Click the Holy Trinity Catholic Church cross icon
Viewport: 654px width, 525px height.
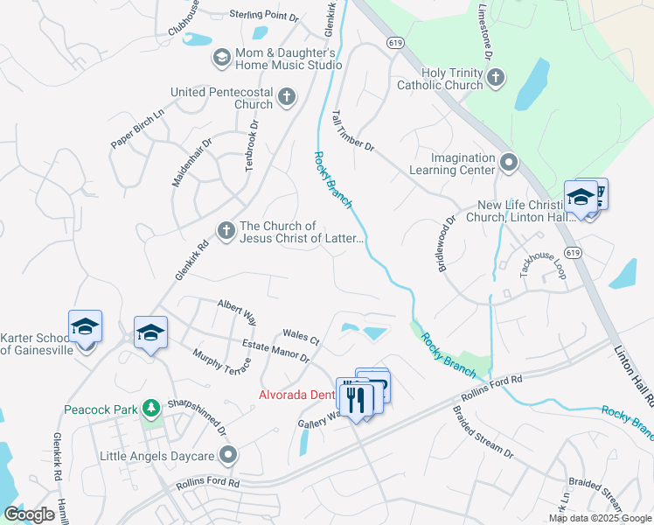click(x=496, y=79)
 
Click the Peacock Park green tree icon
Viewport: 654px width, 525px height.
click(x=151, y=409)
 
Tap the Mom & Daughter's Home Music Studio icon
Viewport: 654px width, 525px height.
click(x=221, y=58)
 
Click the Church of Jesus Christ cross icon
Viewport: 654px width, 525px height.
click(x=226, y=232)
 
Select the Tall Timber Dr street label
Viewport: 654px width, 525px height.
click(x=353, y=131)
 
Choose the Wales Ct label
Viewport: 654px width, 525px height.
click(x=302, y=335)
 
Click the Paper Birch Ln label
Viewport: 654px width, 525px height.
click(x=137, y=129)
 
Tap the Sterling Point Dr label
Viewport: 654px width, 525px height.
click(x=264, y=15)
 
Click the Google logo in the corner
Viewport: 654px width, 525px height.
click(x=29, y=514)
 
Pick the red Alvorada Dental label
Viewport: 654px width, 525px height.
click(x=297, y=395)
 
